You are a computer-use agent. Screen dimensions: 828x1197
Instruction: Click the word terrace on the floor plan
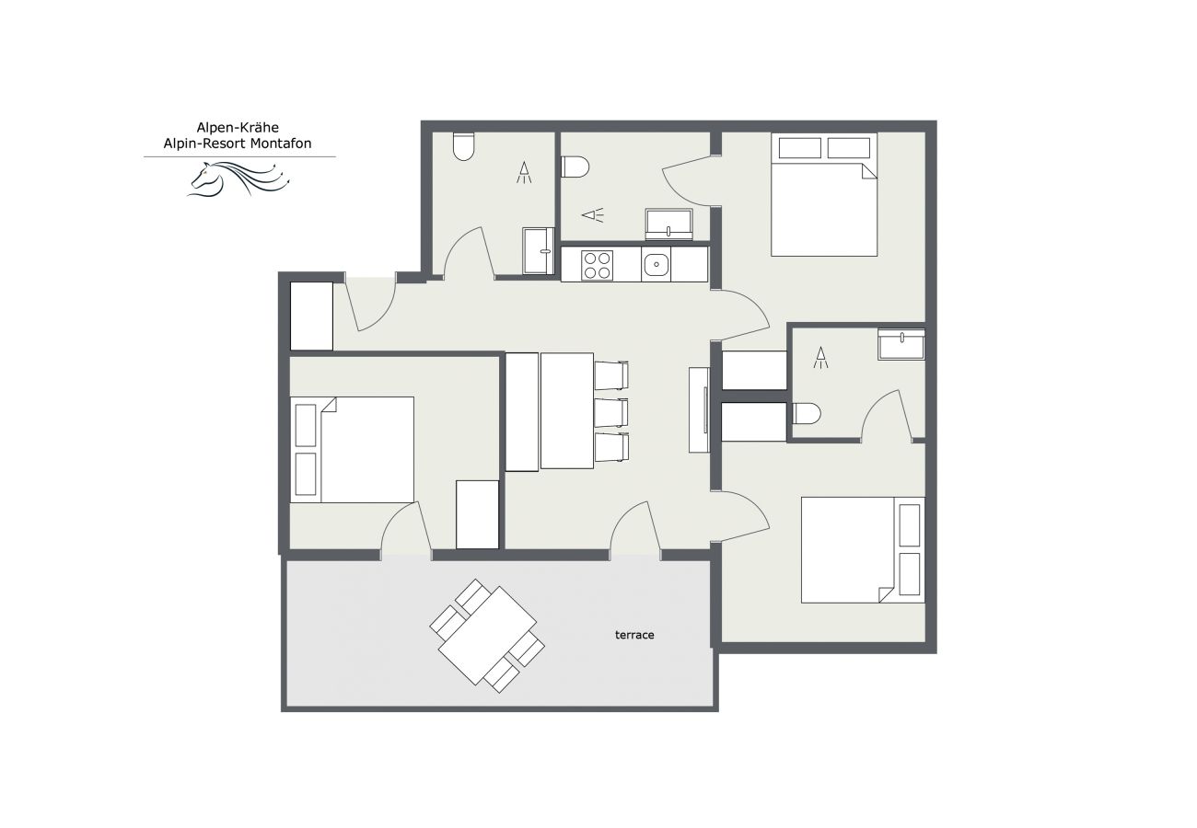tap(634, 635)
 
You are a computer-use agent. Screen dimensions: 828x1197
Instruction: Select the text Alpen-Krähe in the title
tap(238, 128)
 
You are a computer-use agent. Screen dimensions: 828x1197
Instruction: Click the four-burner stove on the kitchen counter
tap(598, 265)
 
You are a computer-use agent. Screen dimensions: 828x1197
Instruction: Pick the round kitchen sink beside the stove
tap(655, 265)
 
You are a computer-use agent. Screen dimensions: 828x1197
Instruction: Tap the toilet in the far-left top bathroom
tap(463, 147)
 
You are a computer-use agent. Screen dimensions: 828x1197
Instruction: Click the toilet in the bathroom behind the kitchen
tap(575, 167)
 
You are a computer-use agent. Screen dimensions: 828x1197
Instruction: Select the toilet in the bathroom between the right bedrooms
tap(806, 414)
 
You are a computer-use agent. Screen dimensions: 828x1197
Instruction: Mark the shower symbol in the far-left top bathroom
tap(524, 172)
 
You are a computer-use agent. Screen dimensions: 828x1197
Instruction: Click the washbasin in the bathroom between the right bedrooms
tap(901, 345)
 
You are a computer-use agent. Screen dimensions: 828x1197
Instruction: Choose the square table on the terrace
tap(487, 636)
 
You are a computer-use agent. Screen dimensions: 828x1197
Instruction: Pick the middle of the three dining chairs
tap(610, 412)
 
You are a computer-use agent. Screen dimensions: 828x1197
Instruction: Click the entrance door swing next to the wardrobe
tap(370, 304)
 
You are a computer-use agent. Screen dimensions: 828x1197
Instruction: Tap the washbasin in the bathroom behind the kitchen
tap(668, 223)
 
